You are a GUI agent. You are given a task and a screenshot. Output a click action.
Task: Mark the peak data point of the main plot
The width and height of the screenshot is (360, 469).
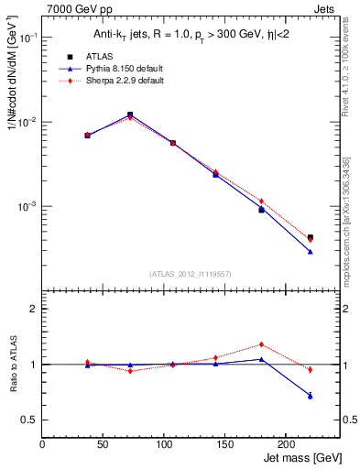(130, 115)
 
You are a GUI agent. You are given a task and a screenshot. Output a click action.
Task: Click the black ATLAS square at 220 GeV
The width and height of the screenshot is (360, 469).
(311, 237)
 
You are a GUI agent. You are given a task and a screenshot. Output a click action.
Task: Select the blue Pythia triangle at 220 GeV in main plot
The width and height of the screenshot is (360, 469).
(311, 251)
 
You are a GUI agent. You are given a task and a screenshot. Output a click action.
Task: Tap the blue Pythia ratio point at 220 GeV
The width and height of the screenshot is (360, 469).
(311, 396)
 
